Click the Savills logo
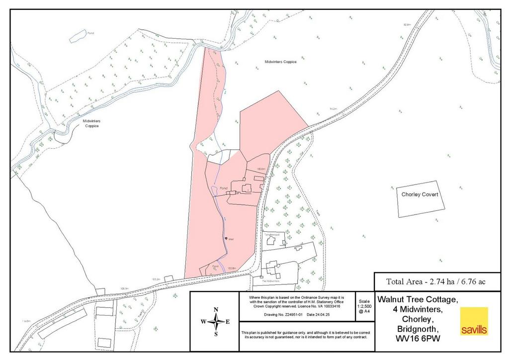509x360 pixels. (474, 321)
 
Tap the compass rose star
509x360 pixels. (216, 322)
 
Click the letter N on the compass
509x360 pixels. (216, 310)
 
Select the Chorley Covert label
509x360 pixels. (420, 195)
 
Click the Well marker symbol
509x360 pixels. (225, 239)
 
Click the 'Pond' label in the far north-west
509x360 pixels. (90, 33)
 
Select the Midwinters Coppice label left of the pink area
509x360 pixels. (91, 123)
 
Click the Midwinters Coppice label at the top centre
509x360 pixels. (280, 62)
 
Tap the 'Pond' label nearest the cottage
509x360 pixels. (223, 188)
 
